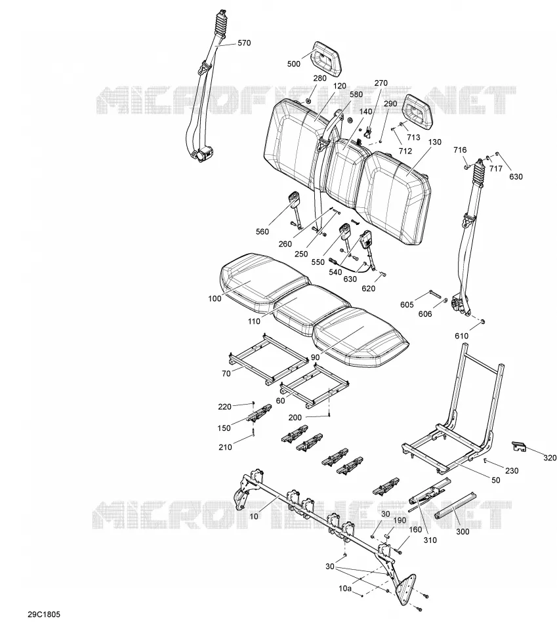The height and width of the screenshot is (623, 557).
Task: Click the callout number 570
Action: (244, 43)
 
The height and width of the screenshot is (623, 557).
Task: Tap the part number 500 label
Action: (293, 64)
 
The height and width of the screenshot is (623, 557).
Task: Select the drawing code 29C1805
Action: (44, 614)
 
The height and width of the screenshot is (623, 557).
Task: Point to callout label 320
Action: (550, 458)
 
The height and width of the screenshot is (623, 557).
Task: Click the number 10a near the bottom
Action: (345, 588)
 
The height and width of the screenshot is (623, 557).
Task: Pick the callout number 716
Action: (460, 150)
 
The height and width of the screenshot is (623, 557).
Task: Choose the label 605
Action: (407, 305)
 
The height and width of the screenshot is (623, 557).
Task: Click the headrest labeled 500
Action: (327, 58)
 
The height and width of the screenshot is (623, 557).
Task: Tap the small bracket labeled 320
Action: (518, 446)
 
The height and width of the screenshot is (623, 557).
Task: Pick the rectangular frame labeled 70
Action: (268, 358)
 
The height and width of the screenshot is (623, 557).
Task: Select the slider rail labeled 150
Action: (259, 412)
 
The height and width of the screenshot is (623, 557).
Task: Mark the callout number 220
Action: (224, 407)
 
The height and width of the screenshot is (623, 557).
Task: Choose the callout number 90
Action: (315, 357)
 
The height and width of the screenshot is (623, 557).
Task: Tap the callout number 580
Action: (356, 94)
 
